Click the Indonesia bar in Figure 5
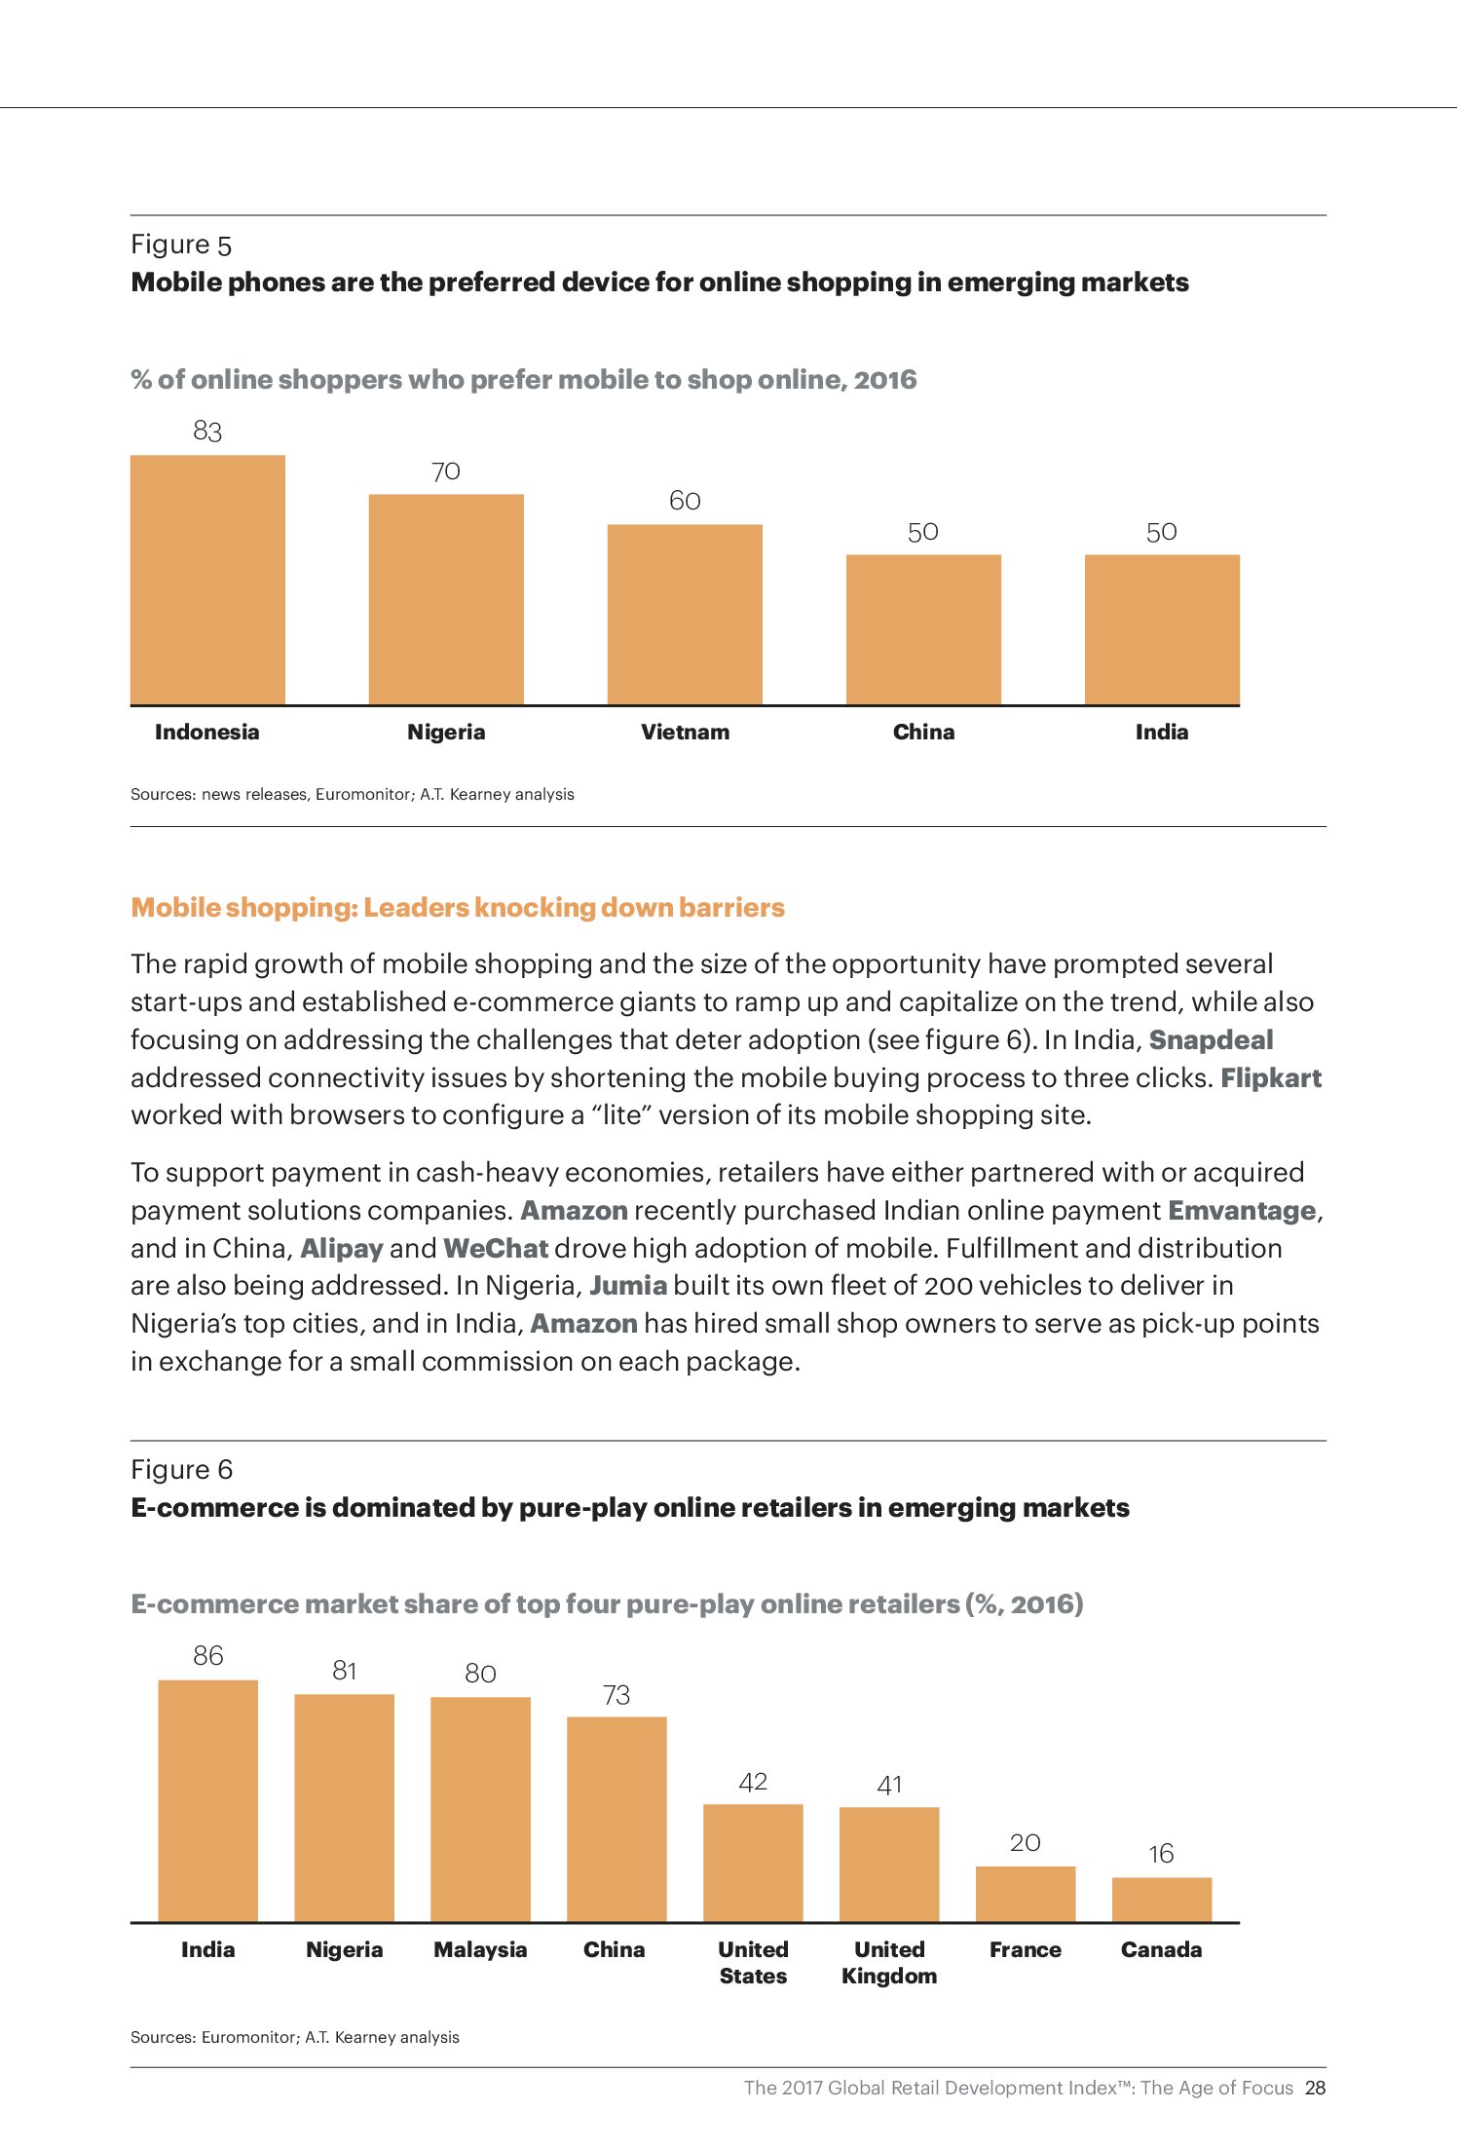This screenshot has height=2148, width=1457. (x=207, y=580)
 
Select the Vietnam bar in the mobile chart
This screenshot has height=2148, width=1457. (x=685, y=614)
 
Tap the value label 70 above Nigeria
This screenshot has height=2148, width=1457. (x=446, y=471)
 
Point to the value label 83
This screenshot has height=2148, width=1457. (x=207, y=431)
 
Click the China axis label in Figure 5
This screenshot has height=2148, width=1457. (x=923, y=732)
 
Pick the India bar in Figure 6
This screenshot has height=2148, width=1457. (x=207, y=1800)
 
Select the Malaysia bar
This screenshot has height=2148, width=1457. (x=480, y=1809)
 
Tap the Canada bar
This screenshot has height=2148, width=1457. (x=1161, y=1900)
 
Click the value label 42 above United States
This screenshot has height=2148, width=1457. (x=753, y=1782)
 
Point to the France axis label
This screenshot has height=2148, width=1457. (x=1025, y=1949)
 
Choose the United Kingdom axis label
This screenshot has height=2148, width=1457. (x=889, y=1962)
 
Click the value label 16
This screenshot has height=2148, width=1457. (x=1161, y=1854)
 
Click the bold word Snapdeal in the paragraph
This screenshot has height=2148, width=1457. (x=1211, y=1039)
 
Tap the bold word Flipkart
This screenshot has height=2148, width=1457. (x=1271, y=1077)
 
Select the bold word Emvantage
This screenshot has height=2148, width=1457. (x=1242, y=1210)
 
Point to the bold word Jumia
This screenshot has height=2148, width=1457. (x=628, y=1285)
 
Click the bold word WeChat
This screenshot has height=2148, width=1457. (x=496, y=1248)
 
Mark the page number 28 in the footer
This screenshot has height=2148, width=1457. (x=1315, y=2088)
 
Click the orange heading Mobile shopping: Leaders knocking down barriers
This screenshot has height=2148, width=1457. (x=458, y=907)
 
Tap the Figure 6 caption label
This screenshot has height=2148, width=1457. (x=182, y=1469)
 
